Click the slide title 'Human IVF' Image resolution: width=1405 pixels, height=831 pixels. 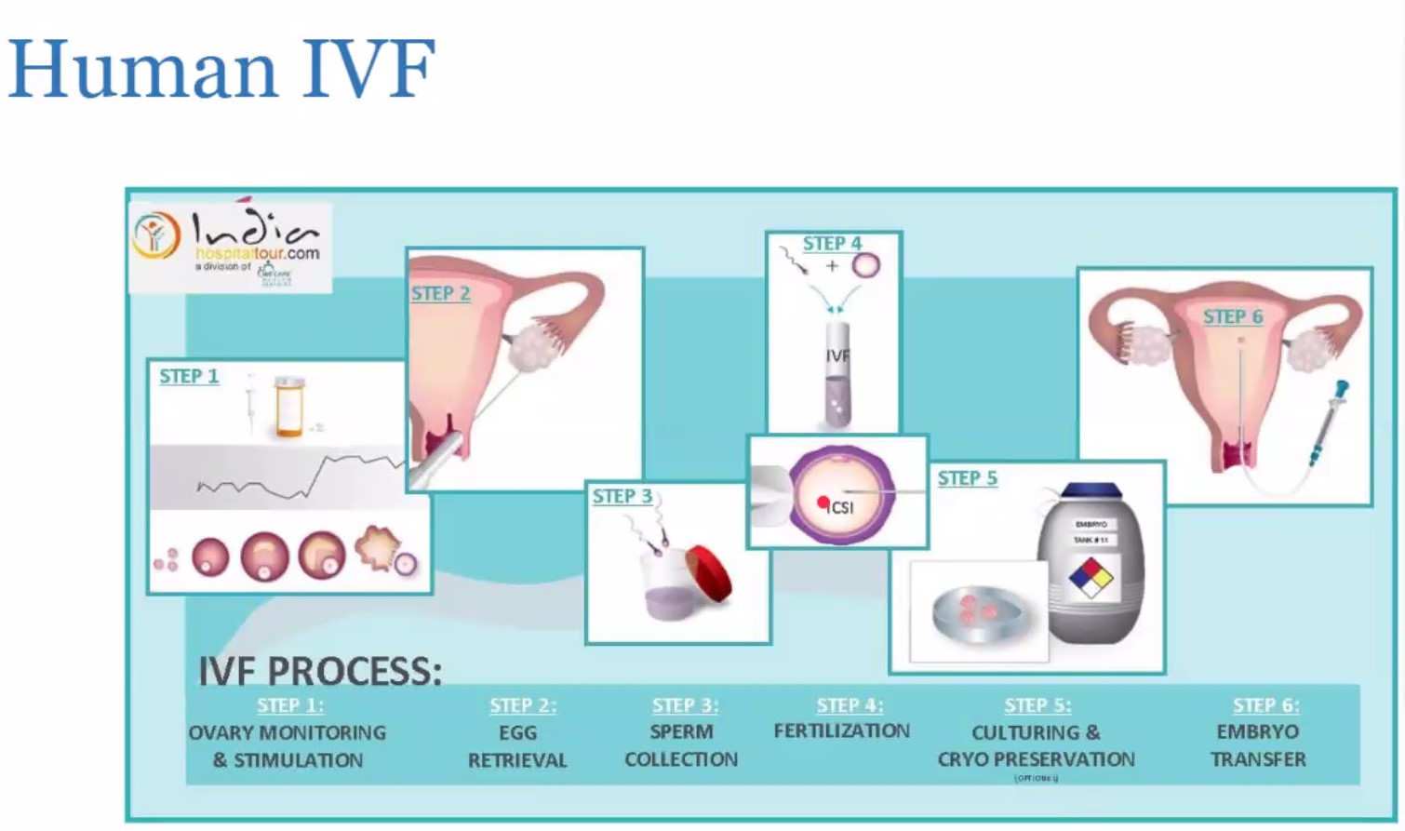click(221, 69)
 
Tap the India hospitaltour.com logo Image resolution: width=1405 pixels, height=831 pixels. click(230, 247)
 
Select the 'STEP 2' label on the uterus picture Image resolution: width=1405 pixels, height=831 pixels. click(440, 294)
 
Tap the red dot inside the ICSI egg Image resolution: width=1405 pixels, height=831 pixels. click(823, 503)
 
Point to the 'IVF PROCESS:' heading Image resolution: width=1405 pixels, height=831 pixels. click(320, 671)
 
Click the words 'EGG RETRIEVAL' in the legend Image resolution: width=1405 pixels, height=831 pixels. click(517, 746)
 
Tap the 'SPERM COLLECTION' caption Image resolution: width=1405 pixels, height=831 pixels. click(681, 745)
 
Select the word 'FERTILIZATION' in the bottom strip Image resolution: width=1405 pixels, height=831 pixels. click(841, 731)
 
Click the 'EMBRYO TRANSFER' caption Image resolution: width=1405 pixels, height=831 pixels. click(1258, 745)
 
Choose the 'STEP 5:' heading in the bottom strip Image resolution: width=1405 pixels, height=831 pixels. click(1037, 706)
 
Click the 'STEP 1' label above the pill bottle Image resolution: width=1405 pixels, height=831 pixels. click(189, 377)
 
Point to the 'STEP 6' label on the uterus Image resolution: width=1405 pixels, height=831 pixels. click(1232, 317)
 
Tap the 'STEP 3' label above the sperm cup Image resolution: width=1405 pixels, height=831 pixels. click(622, 497)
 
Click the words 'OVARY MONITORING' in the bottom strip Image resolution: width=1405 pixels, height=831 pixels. click(287, 732)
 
